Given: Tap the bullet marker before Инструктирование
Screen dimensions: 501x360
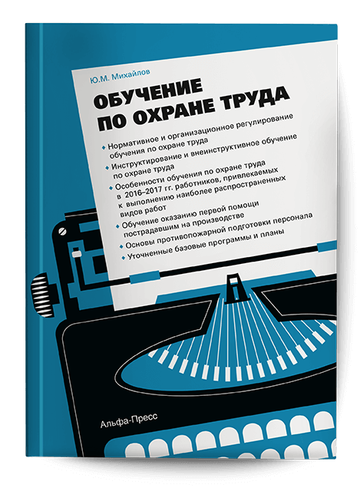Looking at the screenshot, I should pyautogui.click(x=101, y=166).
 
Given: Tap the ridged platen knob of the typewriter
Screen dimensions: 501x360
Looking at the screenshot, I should pyautogui.click(x=35, y=294).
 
